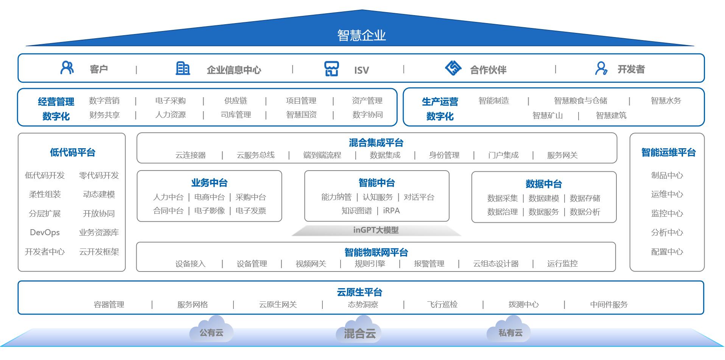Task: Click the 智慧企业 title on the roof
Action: (x=361, y=35)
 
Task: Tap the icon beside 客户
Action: (x=67, y=68)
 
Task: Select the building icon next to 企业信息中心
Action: (x=183, y=68)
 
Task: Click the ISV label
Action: (x=361, y=70)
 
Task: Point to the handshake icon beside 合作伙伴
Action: (x=453, y=68)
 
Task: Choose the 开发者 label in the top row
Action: (x=631, y=69)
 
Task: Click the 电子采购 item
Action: (x=170, y=101)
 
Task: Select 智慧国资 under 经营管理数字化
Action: (x=301, y=115)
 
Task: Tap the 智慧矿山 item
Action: (x=547, y=115)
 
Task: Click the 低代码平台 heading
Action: (x=72, y=152)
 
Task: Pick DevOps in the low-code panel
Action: (x=45, y=233)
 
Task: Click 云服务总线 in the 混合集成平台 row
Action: (x=255, y=155)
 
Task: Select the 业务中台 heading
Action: (x=209, y=183)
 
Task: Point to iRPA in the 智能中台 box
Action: (x=391, y=211)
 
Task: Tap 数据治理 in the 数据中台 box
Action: (x=502, y=212)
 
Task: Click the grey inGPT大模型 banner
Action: (x=376, y=230)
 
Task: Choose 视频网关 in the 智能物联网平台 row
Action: (x=311, y=264)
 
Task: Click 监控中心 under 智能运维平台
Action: (x=667, y=214)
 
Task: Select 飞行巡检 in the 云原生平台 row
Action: (x=442, y=304)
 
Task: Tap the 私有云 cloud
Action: (x=510, y=330)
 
